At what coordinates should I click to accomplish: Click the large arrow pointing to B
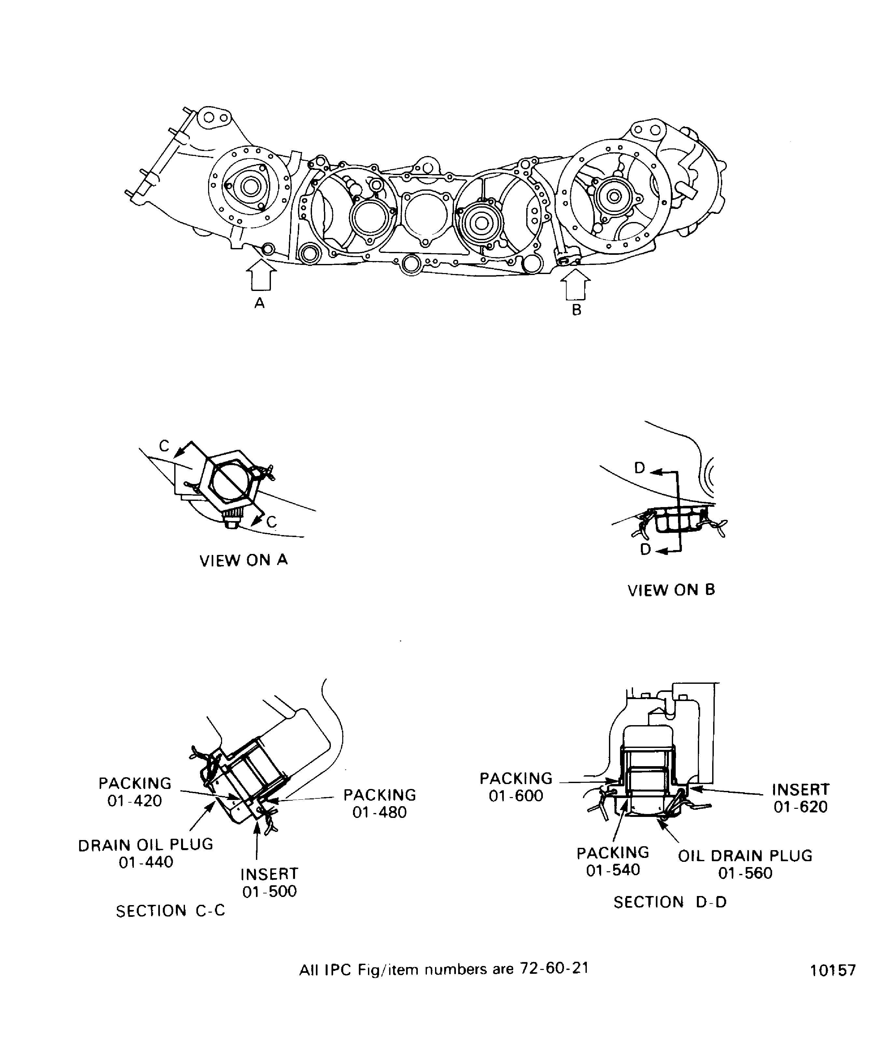[x=576, y=284]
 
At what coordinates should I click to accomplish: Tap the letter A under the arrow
[x=260, y=303]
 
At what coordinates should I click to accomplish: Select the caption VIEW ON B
[x=671, y=590]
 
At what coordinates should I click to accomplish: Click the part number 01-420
[x=134, y=801]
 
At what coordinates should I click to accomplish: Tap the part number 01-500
[x=270, y=891]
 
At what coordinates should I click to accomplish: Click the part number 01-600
[x=516, y=796]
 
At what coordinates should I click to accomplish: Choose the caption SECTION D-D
[x=670, y=902]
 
